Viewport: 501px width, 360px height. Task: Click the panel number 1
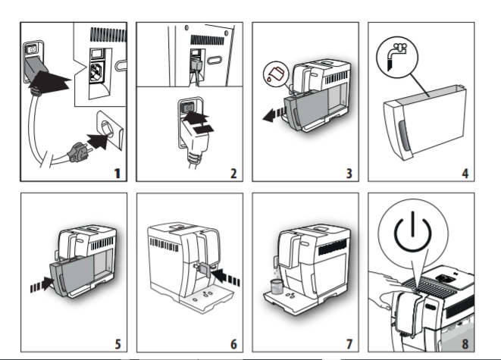117,174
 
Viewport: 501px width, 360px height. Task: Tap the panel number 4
465,174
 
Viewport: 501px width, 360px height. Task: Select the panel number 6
233,344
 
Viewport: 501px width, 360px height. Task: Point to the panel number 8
465,344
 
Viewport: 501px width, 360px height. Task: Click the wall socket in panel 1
110,130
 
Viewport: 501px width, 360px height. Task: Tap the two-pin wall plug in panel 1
77,152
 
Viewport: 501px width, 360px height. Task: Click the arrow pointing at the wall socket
97,141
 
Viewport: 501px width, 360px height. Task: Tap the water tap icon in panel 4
397,57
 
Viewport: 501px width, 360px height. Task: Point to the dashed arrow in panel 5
42,284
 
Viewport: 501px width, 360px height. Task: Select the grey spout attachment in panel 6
203,268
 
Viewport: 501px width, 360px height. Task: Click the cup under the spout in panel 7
277,286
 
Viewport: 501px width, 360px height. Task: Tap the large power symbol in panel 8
413,231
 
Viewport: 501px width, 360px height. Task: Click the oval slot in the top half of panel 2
214,60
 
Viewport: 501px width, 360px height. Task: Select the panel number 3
349,174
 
